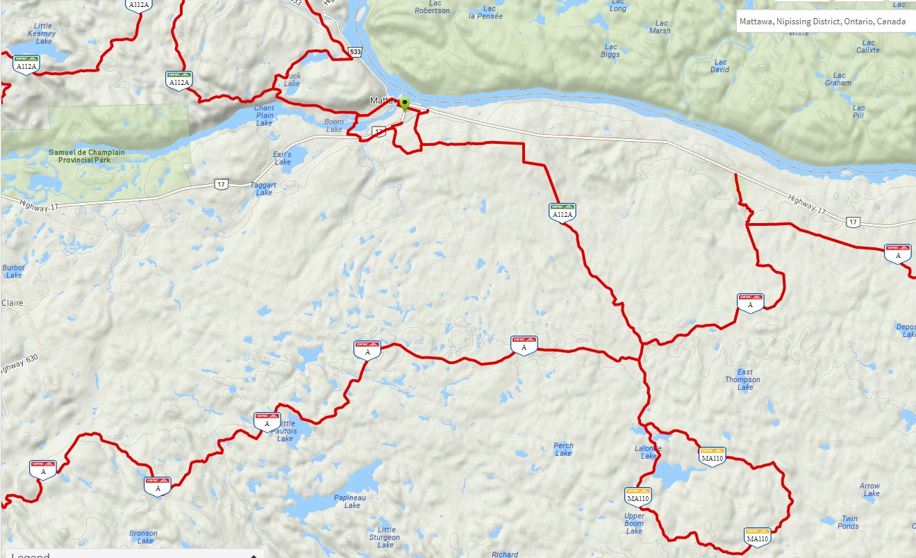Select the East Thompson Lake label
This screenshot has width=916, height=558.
(x=742, y=379)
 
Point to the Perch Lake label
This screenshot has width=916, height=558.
(x=563, y=450)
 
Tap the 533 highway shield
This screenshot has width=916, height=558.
(x=356, y=51)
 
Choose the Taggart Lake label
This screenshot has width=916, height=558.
(x=264, y=189)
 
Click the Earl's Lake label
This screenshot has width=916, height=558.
(x=283, y=158)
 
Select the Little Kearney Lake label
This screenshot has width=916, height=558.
(x=43, y=33)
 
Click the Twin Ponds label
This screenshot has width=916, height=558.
(x=849, y=522)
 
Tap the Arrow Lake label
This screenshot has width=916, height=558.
(x=869, y=490)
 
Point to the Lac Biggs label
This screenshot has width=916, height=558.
(x=610, y=50)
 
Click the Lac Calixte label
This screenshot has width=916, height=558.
(x=868, y=46)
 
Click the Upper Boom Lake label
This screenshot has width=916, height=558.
(x=634, y=523)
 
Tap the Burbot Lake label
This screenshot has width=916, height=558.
(x=13, y=271)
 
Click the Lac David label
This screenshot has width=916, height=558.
(x=720, y=65)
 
